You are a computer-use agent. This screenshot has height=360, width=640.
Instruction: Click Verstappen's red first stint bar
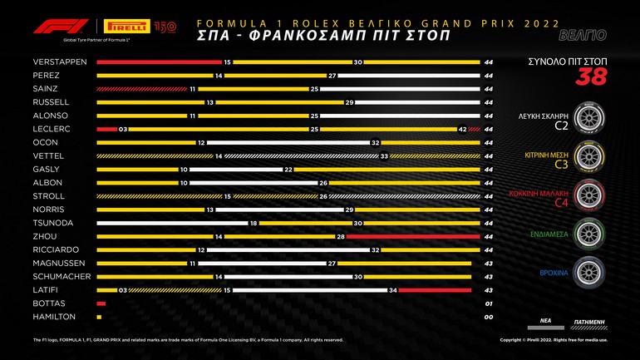(x=159, y=62)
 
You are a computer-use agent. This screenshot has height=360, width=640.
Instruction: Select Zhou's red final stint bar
(x=412, y=237)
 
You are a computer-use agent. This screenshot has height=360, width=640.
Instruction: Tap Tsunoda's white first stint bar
(x=173, y=224)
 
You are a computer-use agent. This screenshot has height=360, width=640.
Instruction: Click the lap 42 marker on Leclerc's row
(x=462, y=129)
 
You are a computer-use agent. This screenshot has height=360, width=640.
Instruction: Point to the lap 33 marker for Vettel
(x=385, y=156)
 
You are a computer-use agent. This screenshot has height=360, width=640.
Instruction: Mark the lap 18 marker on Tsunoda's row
(x=253, y=224)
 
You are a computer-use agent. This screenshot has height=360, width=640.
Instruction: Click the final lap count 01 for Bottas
(x=489, y=303)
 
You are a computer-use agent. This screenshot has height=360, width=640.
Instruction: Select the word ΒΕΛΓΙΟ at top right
(x=583, y=36)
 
